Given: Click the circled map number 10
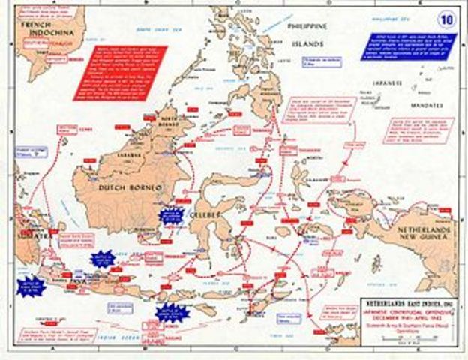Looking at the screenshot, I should [x=447, y=17].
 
